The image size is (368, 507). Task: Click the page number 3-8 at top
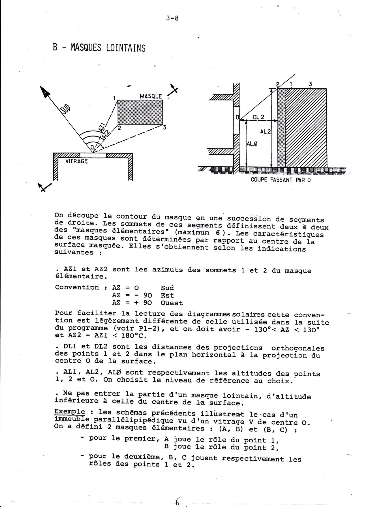coord(173,18)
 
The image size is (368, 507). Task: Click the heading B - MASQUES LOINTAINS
coord(99,48)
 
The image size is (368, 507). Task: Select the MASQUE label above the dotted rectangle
coord(151,96)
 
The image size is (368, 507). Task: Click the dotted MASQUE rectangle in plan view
coord(140,112)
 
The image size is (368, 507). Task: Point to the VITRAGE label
coord(76,161)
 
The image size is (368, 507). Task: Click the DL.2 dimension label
coord(259,117)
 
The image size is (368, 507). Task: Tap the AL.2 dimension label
coord(266,131)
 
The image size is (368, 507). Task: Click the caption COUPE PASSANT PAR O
coord(281,180)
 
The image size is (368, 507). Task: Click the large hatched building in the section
coord(306,127)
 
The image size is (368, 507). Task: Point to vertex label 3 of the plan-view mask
coord(164,128)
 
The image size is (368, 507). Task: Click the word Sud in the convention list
coord(167,288)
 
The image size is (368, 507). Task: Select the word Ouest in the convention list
coord(172,303)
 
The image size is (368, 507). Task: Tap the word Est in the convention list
coord(167,295)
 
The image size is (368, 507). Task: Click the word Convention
coord(77,287)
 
